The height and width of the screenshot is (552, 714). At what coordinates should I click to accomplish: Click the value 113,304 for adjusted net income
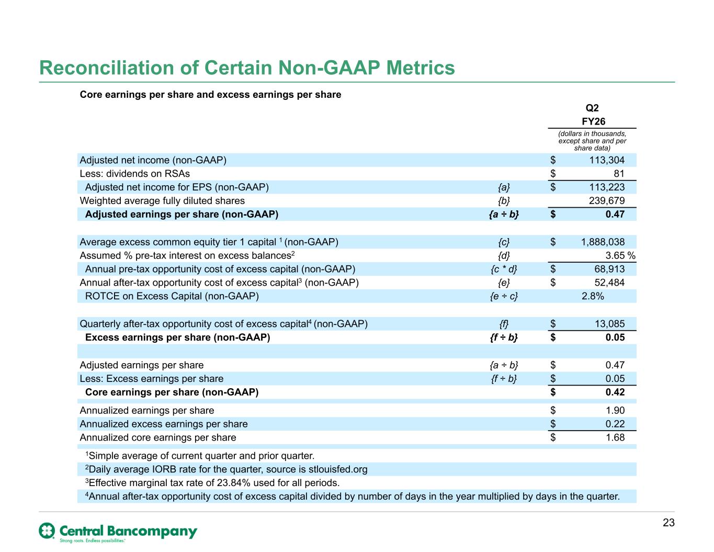607,160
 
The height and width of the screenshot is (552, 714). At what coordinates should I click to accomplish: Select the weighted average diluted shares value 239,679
607,200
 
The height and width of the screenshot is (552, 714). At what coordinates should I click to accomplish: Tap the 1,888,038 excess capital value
603,242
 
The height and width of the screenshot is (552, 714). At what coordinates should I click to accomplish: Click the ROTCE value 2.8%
593,296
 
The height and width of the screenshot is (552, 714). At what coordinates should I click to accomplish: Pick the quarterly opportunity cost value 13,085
609,324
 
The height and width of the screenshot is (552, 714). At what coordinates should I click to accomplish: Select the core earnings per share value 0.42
615,392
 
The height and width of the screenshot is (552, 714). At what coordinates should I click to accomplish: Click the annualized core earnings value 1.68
615,437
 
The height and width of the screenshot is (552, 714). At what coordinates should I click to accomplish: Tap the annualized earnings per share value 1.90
615,410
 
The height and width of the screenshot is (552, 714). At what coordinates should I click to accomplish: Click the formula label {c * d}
504,269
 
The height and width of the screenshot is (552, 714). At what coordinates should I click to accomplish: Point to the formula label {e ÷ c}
504,296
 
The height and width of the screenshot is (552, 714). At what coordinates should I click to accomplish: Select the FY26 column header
593,121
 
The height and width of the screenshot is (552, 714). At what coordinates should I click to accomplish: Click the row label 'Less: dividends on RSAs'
135,174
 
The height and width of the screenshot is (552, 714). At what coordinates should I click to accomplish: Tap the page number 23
668,522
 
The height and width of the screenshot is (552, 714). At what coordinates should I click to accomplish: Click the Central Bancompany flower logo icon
47,531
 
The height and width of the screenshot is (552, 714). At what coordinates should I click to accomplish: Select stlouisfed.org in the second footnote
338,469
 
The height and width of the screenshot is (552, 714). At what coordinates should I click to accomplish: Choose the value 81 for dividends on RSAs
619,174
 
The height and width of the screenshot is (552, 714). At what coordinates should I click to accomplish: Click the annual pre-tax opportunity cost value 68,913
609,269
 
